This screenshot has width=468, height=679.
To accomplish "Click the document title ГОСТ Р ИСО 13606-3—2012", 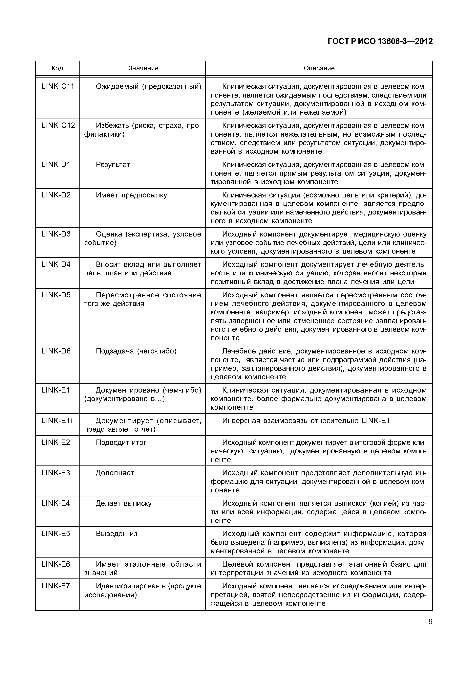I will tap(380, 41).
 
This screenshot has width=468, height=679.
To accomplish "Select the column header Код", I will tap(57, 68).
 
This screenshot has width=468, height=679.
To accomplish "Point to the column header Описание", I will tap(319, 68).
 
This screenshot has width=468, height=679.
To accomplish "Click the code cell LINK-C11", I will tap(58, 87).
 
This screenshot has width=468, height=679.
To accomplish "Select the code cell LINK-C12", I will tap(58, 125).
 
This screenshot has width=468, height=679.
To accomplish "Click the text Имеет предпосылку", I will tap(131, 195).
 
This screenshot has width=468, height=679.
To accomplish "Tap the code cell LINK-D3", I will tap(56, 234).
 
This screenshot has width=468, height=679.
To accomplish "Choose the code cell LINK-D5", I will tap(56, 295).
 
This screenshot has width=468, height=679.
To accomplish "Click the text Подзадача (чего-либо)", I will tap(136, 351).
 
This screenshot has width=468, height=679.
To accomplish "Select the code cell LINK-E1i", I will tap(57, 421).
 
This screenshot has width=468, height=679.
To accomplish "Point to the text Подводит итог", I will tap(121, 442).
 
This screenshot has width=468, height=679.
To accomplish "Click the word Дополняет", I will tap(115, 473).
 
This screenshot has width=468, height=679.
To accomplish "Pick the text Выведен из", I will tap(117, 534).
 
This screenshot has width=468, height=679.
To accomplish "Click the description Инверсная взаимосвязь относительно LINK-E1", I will tap(306, 421).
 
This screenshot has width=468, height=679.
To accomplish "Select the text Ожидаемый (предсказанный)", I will tap(148, 87).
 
